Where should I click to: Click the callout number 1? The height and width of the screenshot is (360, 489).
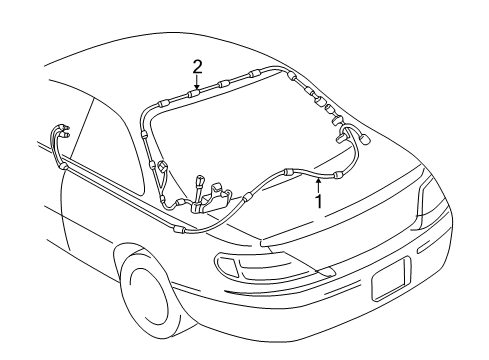319,201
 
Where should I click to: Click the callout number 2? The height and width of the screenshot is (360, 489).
198,66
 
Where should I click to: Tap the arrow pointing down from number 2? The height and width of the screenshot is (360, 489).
198,83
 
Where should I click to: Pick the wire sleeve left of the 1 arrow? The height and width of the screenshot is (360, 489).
290,172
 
